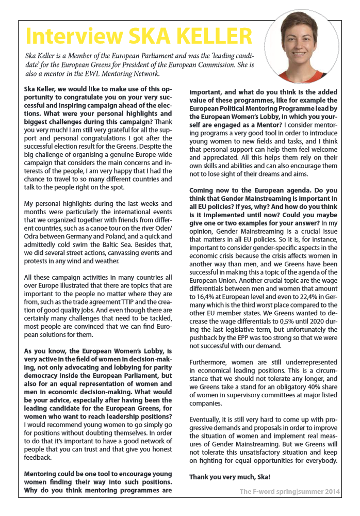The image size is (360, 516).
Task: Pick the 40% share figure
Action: click(308, 394)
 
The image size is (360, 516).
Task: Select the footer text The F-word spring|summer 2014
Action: click(290, 492)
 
